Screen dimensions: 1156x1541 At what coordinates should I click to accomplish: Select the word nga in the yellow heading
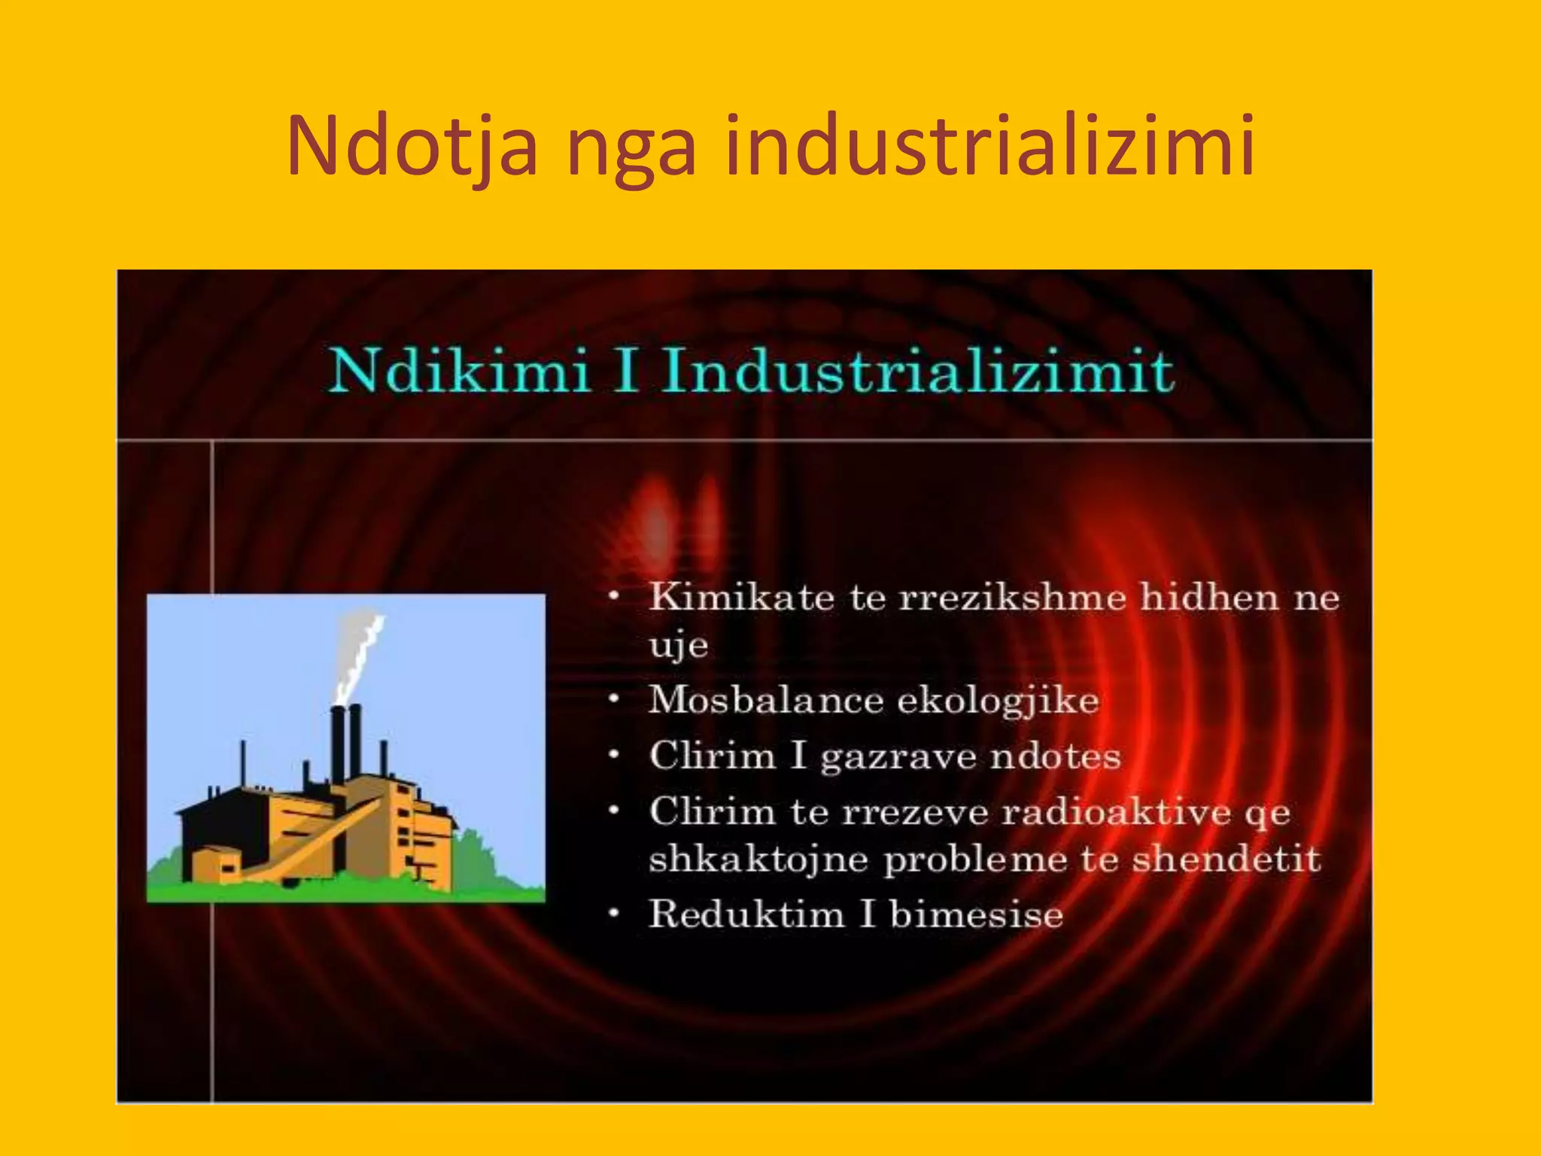coord(631,151)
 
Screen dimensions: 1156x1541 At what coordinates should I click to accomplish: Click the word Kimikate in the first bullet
coord(742,598)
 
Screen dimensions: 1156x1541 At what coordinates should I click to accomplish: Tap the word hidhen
coord(1208,598)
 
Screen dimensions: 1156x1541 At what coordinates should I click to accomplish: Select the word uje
coord(678,646)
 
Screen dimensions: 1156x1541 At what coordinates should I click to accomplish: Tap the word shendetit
coord(1226,859)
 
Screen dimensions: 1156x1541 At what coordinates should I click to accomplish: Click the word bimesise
coord(976,914)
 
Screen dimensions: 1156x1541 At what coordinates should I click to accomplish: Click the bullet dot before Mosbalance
coord(615,699)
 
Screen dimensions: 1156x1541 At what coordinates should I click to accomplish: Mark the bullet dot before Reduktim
coord(615,914)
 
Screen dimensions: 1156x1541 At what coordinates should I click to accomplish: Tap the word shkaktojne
coord(758,860)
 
